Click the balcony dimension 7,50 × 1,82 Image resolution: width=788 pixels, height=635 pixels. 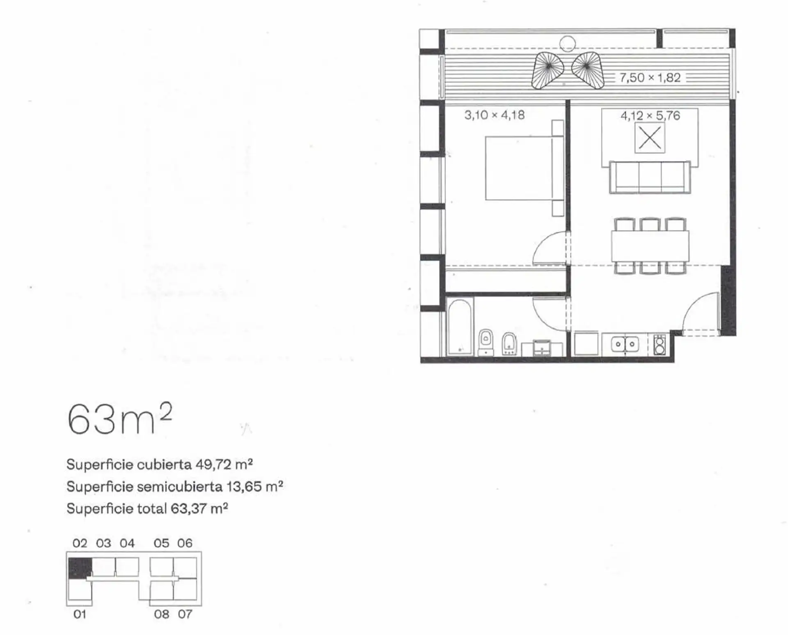pyautogui.click(x=650, y=78)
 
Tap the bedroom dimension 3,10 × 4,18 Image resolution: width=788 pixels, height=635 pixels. pyautogui.click(x=495, y=115)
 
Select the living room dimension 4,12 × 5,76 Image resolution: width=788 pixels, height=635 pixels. pyautogui.click(x=650, y=116)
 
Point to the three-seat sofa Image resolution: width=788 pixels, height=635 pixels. pyautogui.click(x=650, y=177)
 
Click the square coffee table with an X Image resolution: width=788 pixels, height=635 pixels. pyautogui.click(x=650, y=138)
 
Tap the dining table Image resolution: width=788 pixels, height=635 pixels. pyautogui.click(x=650, y=246)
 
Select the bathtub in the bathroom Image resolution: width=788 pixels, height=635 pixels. pyautogui.click(x=460, y=327)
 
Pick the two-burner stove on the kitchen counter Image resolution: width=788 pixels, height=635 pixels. pyautogui.click(x=659, y=345)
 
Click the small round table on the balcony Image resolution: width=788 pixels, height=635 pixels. pyautogui.click(x=568, y=43)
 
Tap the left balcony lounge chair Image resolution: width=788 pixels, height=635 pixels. pyautogui.click(x=547, y=71)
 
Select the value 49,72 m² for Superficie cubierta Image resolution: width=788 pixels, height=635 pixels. pyautogui.click(x=224, y=465)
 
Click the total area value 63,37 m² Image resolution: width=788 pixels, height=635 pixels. pyautogui.click(x=199, y=508)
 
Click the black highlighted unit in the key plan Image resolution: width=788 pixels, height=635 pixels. pyautogui.click(x=80, y=568)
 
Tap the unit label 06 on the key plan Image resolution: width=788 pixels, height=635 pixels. pyautogui.click(x=185, y=543)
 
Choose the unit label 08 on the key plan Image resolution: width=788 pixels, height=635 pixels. pyautogui.click(x=162, y=614)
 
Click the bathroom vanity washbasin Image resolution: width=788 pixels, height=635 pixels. pyautogui.click(x=542, y=348)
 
